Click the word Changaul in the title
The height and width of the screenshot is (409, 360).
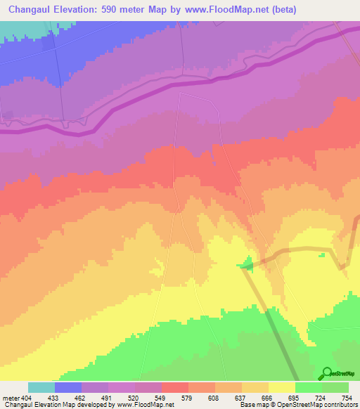click(x=30, y=9)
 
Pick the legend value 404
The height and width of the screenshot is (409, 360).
click(x=28, y=397)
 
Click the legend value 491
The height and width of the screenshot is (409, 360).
click(x=108, y=397)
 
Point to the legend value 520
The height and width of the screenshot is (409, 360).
click(x=135, y=397)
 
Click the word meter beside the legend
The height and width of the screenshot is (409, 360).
click(x=10, y=397)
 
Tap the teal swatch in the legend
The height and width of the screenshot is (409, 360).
click(x=41, y=387)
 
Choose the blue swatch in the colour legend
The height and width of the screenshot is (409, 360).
click(x=68, y=387)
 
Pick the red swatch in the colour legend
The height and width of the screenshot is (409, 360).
click(x=175, y=387)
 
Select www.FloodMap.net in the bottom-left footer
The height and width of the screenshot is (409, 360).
click(x=144, y=405)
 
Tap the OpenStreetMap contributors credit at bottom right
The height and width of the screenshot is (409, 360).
click(x=316, y=405)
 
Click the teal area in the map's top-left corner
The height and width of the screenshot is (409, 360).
click(x=21, y=28)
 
